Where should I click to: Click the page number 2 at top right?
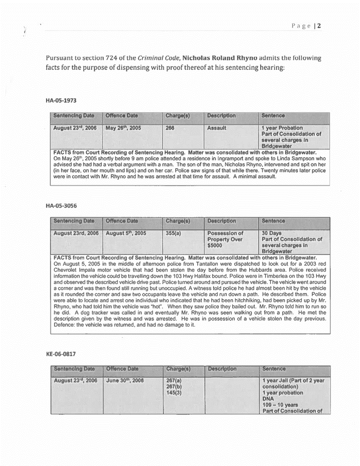pyautogui.click(x=318, y=25)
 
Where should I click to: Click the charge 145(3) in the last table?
pyautogui.click(x=174, y=393)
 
